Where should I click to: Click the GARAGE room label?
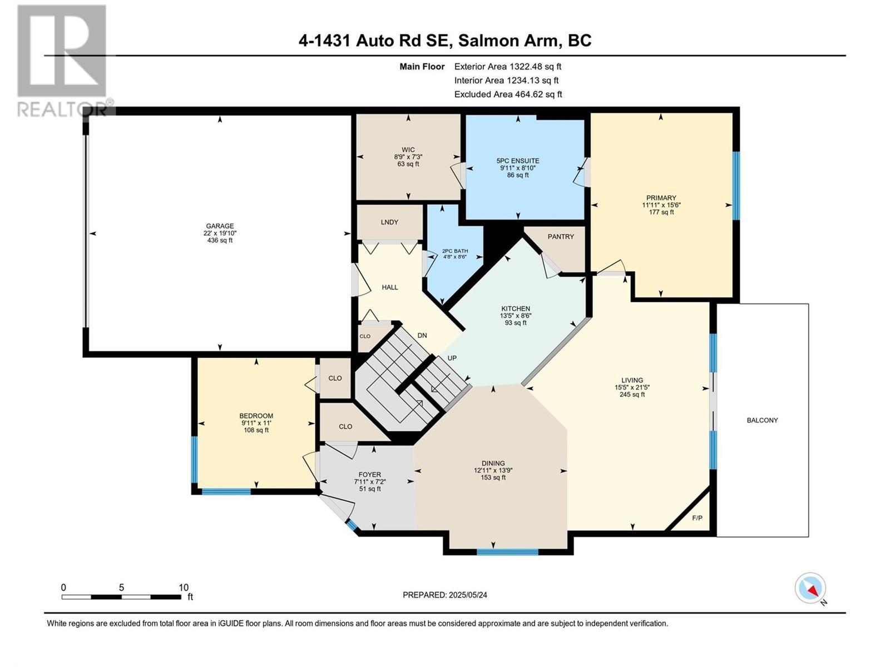220,226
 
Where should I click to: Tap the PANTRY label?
560,237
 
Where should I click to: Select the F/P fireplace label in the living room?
697,518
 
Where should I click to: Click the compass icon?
810,588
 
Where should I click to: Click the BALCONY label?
762,420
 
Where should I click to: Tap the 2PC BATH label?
455,251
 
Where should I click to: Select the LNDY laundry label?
389,222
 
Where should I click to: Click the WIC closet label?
408,150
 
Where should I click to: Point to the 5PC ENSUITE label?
518,161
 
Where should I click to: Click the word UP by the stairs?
452,358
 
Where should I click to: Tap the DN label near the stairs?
422,335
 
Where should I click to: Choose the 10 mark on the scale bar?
184,588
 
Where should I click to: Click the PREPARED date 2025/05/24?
467,595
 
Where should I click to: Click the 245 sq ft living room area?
632,395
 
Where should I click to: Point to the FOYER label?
370,475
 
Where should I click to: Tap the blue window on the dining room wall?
507,552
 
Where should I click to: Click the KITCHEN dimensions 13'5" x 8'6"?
516,316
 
